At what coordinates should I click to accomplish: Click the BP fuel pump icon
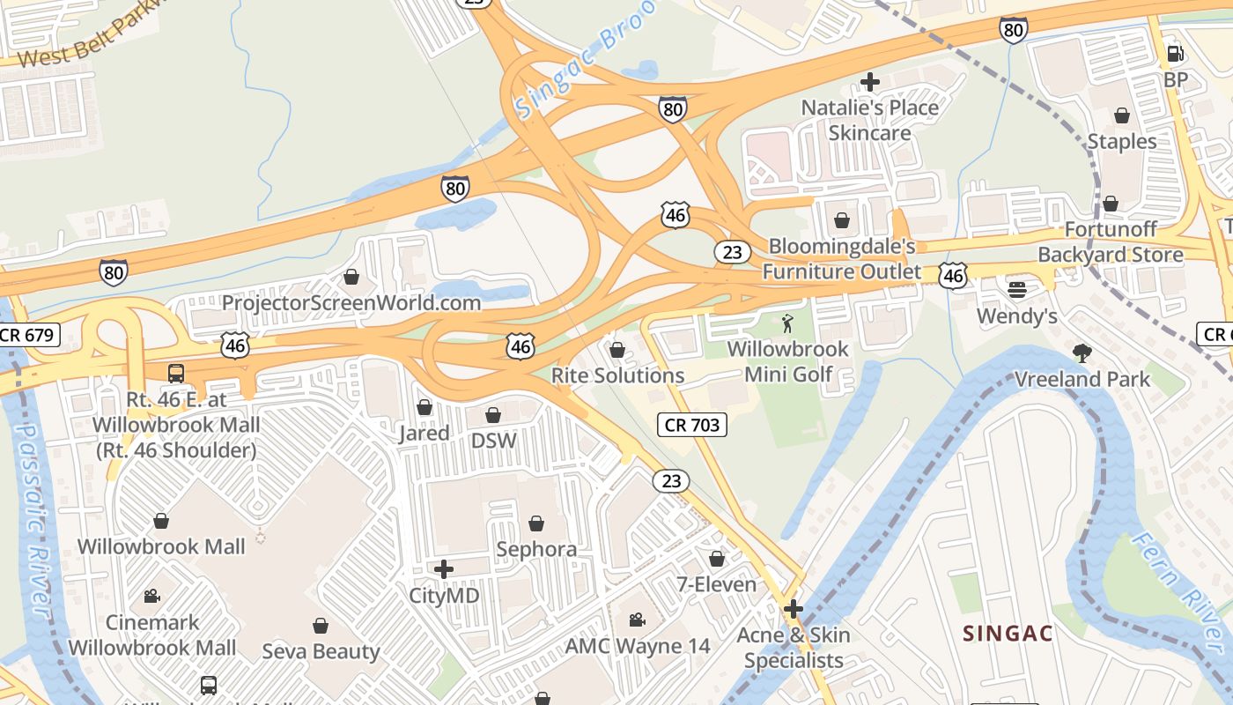point(1174,53)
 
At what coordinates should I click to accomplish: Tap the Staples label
point(1121,141)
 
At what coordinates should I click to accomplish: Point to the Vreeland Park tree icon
point(1082,353)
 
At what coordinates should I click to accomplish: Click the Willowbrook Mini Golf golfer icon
point(787,323)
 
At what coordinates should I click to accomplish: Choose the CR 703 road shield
point(692,426)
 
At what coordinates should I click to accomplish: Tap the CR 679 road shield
point(28,335)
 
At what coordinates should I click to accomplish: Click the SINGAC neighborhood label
point(1008,633)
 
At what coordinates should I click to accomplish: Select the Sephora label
point(536,549)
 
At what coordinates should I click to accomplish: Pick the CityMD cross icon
point(444,569)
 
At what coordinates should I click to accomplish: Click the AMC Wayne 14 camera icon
point(637,620)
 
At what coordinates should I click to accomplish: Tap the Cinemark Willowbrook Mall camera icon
point(151,596)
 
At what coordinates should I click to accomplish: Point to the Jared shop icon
point(425,407)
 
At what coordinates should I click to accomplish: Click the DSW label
point(494,440)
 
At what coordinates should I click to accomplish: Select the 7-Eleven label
point(716,584)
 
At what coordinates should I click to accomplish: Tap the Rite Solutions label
point(617,375)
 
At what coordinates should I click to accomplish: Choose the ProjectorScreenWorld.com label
point(351,303)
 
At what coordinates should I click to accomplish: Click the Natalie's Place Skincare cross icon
point(870,83)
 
